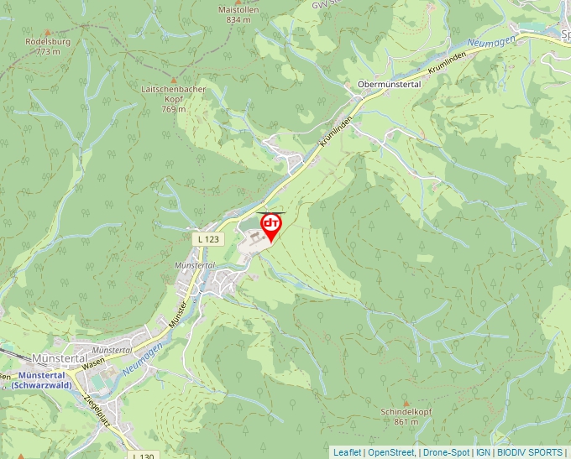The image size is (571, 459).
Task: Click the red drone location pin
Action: click(x=271, y=226)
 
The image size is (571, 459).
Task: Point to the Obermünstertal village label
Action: click(x=389, y=85)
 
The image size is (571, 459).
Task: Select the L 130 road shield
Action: click(x=143, y=455)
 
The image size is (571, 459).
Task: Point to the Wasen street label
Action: click(x=92, y=361)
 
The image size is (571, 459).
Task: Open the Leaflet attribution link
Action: click(x=347, y=452)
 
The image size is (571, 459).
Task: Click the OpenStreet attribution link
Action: click(x=391, y=452)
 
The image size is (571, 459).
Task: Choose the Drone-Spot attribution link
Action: click(x=446, y=452)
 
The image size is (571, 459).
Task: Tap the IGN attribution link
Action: click(x=483, y=452)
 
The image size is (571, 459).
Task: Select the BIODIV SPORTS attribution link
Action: click(x=530, y=452)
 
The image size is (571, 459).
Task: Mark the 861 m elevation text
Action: click(x=406, y=423)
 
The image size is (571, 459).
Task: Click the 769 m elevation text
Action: click(x=174, y=109)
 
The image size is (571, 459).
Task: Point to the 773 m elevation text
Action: click(x=49, y=51)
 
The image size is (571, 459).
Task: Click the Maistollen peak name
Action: click(x=239, y=9)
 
